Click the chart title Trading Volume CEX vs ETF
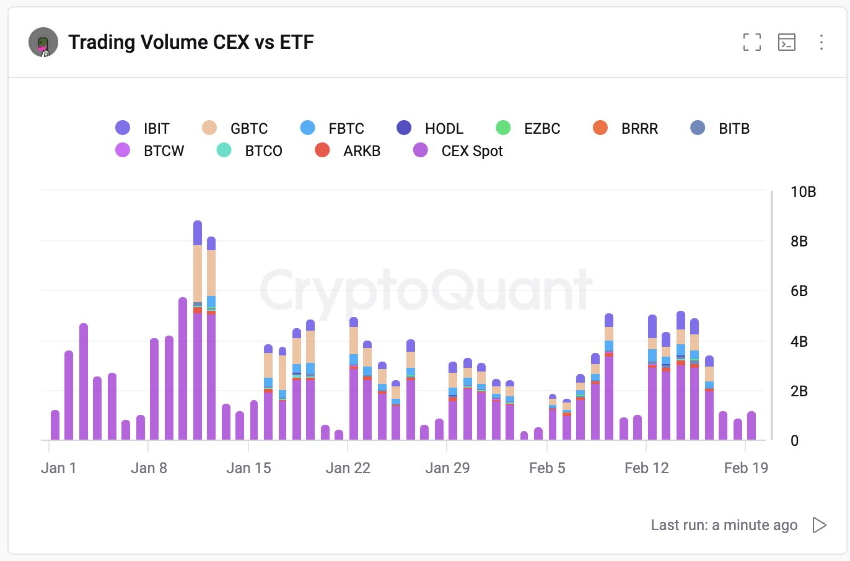pyautogui.click(x=191, y=42)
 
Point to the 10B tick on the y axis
pyautogui.click(x=803, y=192)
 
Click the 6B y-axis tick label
pyautogui.click(x=799, y=291)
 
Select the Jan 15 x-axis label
pyautogui.click(x=248, y=468)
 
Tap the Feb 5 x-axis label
pyautogui.click(x=547, y=468)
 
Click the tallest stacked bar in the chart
pyautogui.click(x=198, y=328)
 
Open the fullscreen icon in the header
pyautogui.click(x=751, y=42)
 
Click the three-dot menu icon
pyautogui.click(x=821, y=42)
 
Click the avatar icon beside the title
pyautogui.click(x=43, y=43)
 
